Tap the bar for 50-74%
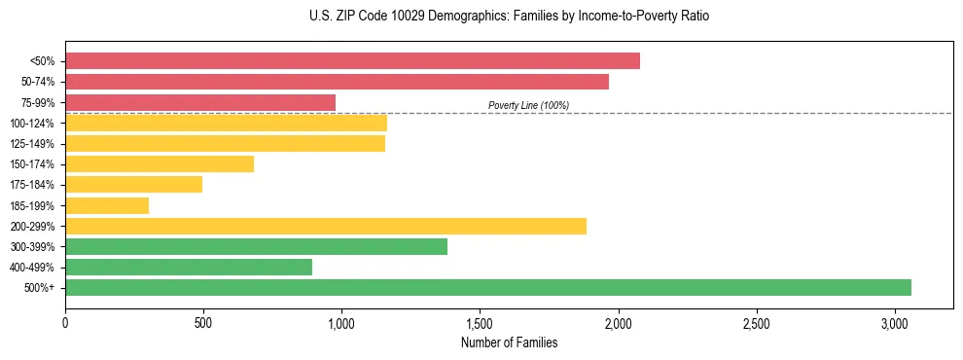337,82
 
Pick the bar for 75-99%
200,102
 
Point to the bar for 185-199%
107,205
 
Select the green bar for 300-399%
256,246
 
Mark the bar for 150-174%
160,163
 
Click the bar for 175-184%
133,184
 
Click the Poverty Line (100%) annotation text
528,105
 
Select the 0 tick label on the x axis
65,323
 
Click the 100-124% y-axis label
32,123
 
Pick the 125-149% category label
32,143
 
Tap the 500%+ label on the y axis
39,287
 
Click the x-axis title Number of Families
509,342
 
